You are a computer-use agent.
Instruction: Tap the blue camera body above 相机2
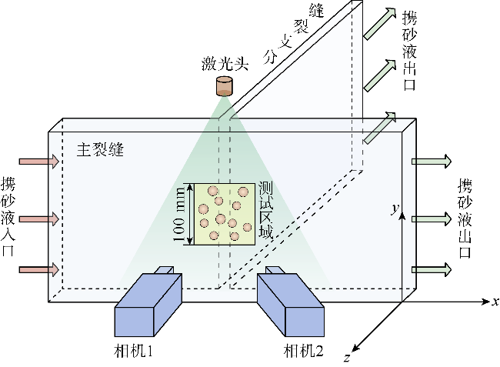pos(291,304)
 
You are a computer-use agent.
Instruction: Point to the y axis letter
pos(394,209)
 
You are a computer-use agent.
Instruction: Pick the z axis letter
pos(348,358)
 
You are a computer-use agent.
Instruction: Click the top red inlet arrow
pos(38,162)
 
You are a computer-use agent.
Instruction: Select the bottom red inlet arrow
pos(38,269)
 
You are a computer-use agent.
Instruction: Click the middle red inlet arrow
pos(38,219)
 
